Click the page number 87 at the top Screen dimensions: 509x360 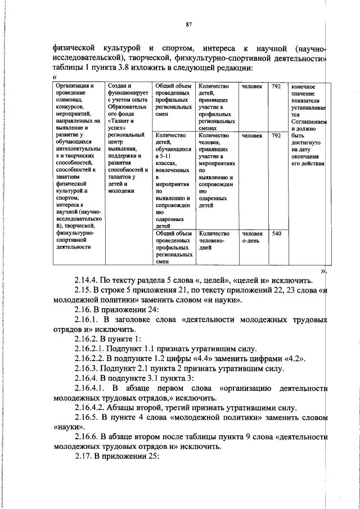click(189, 24)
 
